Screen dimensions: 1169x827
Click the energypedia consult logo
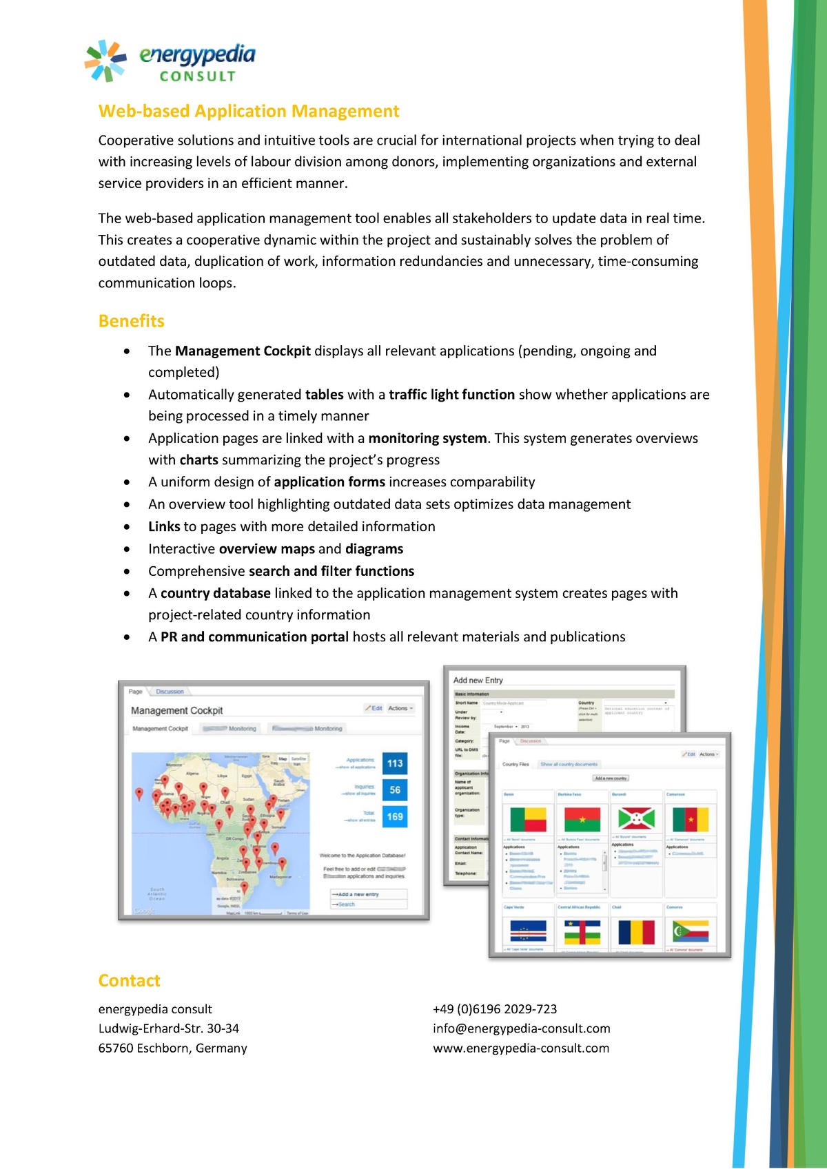pos(170,61)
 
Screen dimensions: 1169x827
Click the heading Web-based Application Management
pos(248,112)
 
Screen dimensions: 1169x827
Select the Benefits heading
pos(131,321)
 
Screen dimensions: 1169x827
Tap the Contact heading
pos(129,980)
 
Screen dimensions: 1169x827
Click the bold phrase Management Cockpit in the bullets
pos(243,351)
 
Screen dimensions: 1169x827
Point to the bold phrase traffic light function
pos(451,395)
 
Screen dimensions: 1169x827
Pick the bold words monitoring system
pos(427,438)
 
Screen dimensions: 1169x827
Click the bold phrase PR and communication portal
pos(254,637)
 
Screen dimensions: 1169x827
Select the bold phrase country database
pos(215,593)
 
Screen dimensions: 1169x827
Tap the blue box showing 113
pos(395,763)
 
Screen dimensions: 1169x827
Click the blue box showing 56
pos(395,790)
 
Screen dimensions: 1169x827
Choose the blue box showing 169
pos(395,816)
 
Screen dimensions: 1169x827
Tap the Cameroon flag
pos(690,820)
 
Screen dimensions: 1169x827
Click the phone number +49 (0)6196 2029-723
pos(495,1009)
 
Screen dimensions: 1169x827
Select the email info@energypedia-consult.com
pos(521,1028)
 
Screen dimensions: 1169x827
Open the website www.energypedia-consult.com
pos(521,1048)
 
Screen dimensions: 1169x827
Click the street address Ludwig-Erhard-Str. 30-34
pos(169,1028)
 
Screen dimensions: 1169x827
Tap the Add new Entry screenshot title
pos(478,680)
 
